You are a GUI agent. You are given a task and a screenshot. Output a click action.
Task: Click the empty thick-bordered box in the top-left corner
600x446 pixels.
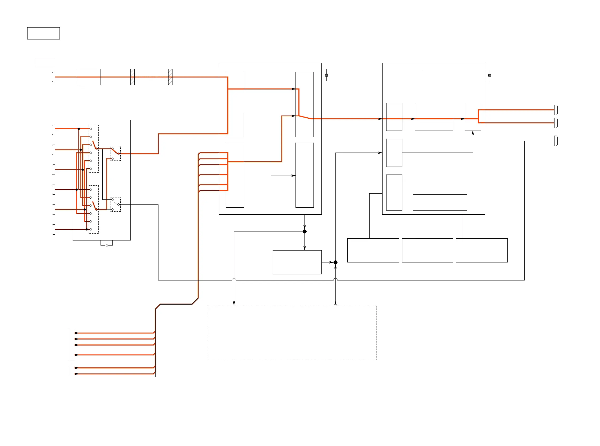[43, 33]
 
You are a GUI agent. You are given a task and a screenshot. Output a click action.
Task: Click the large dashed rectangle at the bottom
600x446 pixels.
[292, 332]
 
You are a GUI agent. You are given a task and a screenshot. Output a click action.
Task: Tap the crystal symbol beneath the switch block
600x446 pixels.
[107, 245]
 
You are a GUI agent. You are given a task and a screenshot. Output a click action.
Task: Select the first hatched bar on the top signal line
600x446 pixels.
[132, 77]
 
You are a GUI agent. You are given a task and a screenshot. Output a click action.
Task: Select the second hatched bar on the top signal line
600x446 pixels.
[170, 77]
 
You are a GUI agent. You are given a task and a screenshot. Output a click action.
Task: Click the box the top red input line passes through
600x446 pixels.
[89, 77]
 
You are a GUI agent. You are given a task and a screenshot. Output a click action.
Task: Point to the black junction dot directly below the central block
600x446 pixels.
[304, 231]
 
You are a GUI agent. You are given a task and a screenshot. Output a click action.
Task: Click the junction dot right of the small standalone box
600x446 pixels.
[335, 262]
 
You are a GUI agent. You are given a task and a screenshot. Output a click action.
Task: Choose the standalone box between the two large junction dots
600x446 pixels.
[297, 262]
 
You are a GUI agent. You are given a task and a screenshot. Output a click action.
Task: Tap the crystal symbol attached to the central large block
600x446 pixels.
[326, 75]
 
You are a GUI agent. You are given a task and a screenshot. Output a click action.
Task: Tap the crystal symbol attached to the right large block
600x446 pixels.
[489, 75]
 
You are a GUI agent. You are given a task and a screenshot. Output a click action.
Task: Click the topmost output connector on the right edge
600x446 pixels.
[556, 110]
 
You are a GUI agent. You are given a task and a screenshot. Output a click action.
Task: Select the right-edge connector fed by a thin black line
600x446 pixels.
[556, 141]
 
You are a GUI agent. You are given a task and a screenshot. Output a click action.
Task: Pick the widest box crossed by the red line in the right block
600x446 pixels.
[434, 117]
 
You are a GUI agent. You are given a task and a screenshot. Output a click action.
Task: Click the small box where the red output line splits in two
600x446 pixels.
[472, 117]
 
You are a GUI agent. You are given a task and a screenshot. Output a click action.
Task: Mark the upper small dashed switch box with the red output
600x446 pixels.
[115, 154]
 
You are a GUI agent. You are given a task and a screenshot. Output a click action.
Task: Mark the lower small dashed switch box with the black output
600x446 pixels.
[115, 204]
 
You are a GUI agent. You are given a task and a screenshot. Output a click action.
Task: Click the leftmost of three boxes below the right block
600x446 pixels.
[373, 250]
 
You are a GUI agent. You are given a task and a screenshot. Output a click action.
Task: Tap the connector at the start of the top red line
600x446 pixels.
[53, 77]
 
